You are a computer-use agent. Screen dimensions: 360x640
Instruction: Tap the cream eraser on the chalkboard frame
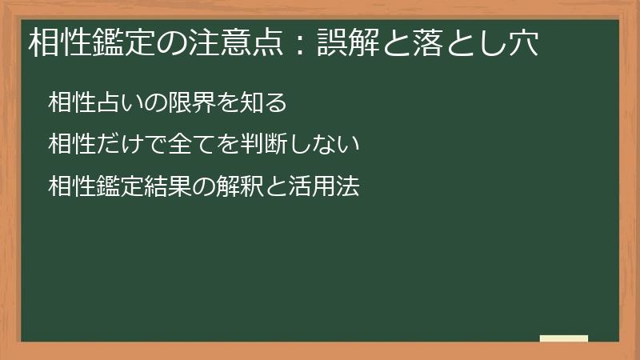pyautogui.click(x=563, y=338)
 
